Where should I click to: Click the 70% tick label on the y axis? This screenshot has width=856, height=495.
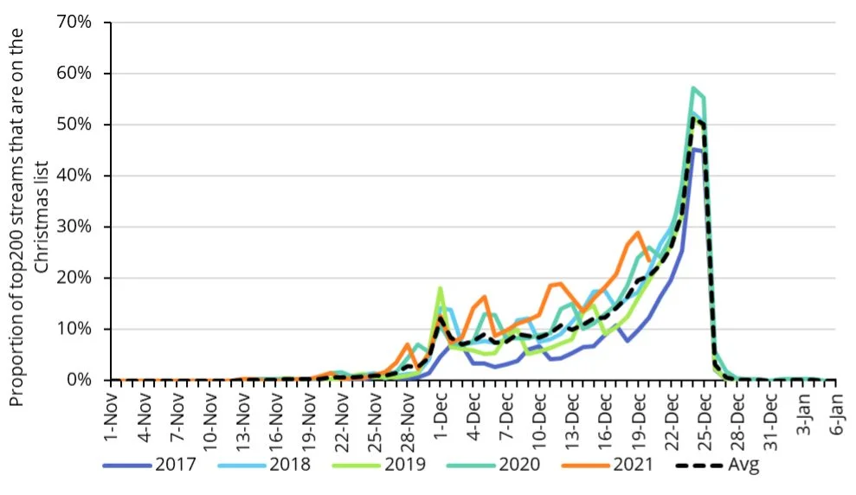[x=74, y=22]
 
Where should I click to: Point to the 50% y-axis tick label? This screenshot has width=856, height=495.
[x=74, y=124]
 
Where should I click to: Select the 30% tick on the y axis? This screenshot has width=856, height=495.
[x=74, y=227]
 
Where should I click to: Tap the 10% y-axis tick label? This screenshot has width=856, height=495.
[x=74, y=329]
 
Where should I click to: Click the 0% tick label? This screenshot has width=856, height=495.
[x=79, y=380]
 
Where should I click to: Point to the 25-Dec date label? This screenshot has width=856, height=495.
[x=705, y=413]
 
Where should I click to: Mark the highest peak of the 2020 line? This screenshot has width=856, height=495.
[x=693, y=88]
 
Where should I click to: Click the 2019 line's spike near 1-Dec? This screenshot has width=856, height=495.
[x=441, y=288]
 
